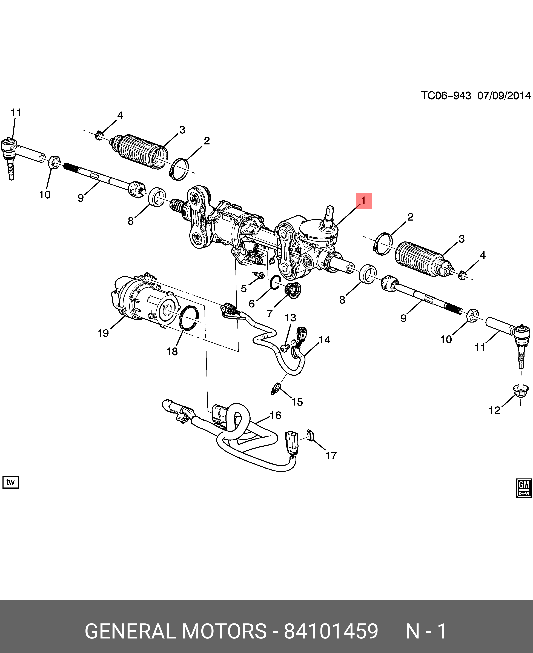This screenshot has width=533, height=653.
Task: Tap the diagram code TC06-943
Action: pos(446,96)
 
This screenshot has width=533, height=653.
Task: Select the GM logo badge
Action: pos(524,487)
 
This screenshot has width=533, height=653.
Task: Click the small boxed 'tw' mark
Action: pos(10,482)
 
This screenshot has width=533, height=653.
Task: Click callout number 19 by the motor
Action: pos(103,333)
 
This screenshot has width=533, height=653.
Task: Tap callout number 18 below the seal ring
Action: pos(172,351)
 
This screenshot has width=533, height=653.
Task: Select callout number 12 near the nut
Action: pos(494,410)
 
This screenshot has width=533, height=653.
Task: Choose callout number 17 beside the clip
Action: pos(331,455)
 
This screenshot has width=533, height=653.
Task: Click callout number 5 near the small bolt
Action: pos(244,288)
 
